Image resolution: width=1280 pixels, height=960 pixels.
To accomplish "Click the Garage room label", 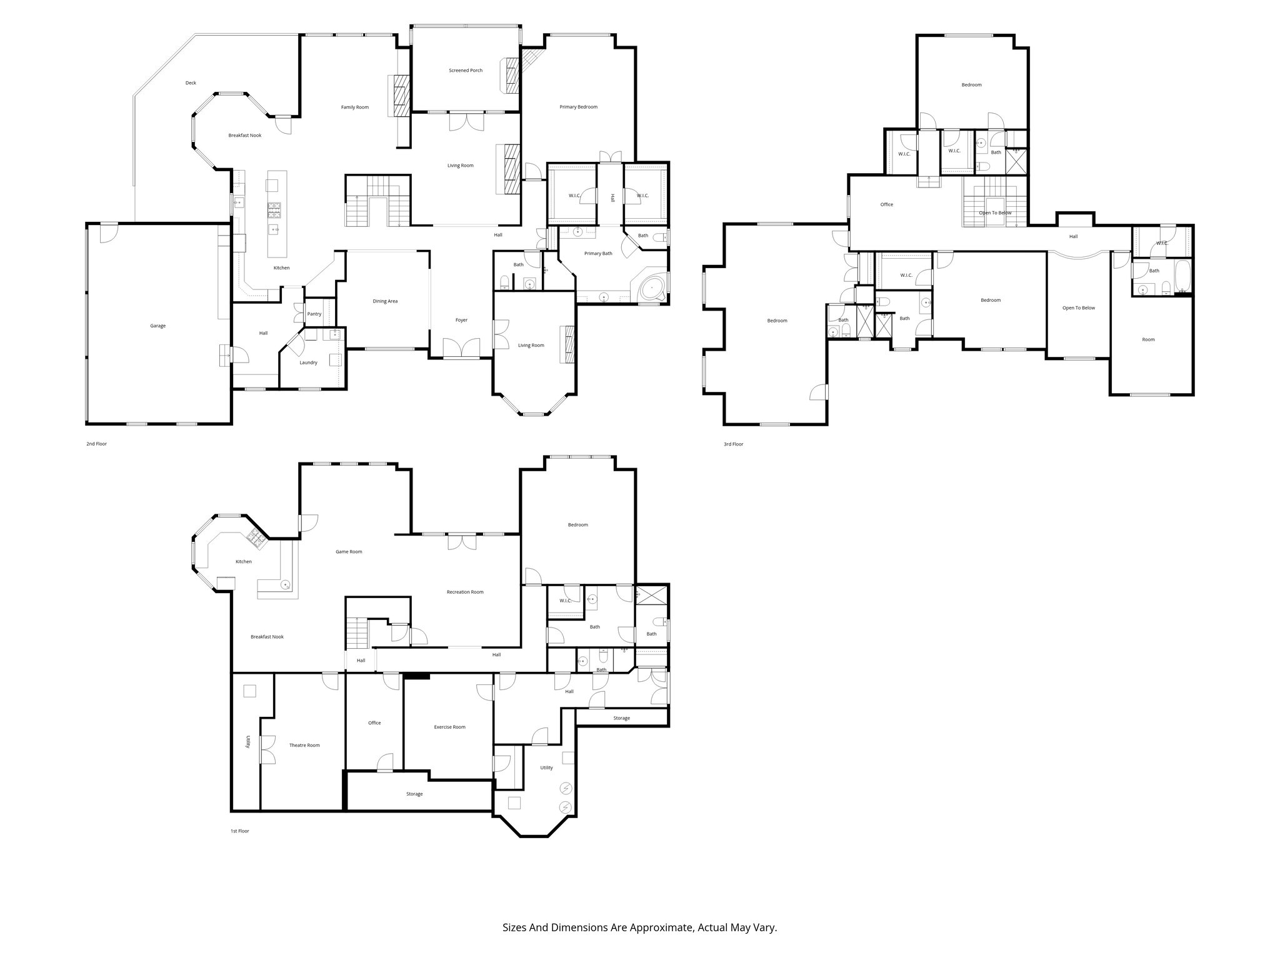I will tap(157, 326).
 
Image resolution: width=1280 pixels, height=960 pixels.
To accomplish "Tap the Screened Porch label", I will tap(466, 71).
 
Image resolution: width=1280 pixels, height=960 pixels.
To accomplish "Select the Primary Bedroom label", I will tap(578, 107).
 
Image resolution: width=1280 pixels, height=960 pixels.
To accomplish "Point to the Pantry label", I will tap(314, 314).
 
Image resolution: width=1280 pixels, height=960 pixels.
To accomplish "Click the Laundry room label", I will tap(308, 362).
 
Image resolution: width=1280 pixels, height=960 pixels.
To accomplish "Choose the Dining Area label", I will tap(385, 301).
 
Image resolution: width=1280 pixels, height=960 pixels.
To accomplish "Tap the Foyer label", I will tap(461, 320).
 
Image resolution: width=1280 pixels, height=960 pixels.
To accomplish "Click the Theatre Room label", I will tap(304, 745).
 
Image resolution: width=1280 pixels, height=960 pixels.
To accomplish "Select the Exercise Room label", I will tap(449, 727).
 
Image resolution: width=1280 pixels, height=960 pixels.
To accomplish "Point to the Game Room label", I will tap(349, 551).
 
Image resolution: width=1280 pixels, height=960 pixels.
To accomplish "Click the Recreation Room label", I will tap(464, 592).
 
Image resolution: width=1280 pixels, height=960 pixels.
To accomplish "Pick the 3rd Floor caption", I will tap(733, 444).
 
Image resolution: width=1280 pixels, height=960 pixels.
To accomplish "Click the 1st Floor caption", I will tap(239, 831).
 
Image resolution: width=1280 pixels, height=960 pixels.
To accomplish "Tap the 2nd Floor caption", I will tap(96, 444).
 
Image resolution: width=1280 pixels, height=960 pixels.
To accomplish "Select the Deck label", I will tap(191, 82).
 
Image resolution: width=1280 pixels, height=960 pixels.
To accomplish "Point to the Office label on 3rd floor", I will tap(886, 204).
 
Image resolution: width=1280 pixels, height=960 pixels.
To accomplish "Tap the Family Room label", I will tap(354, 107).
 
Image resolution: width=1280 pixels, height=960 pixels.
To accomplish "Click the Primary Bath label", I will tap(597, 253).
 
